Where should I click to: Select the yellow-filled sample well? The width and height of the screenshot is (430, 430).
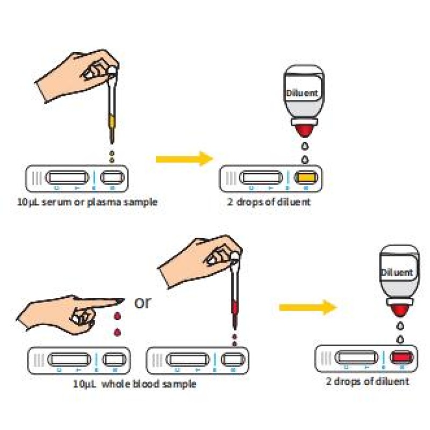click(x=305, y=177)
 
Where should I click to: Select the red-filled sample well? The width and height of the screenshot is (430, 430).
click(x=401, y=357)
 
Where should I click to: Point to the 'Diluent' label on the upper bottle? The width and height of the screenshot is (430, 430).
click(x=302, y=92)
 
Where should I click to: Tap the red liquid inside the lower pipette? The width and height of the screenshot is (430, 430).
click(x=234, y=308)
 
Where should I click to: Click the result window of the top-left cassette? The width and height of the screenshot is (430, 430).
click(x=67, y=177)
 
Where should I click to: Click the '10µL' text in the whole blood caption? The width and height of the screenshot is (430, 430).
click(x=84, y=384)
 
